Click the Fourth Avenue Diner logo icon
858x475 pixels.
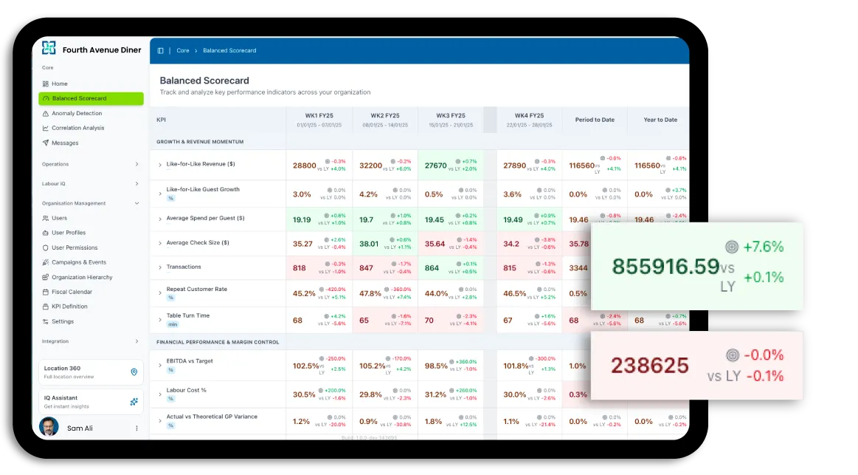[x=49, y=48]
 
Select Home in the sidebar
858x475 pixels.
[x=59, y=84]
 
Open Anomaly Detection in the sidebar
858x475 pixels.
[x=77, y=114]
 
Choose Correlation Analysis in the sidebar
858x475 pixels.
[x=77, y=129]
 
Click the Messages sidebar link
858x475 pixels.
[x=65, y=143]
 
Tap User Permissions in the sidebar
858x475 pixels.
[x=75, y=248]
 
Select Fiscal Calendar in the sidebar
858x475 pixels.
[x=72, y=293]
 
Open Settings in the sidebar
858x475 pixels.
[x=63, y=322]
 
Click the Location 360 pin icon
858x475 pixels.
[x=134, y=372]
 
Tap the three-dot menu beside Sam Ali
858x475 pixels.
[x=136, y=428]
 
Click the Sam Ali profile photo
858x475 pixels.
[x=49, y=427]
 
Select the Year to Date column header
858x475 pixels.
[x=660, y=120]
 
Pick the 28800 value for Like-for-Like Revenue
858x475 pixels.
[x=304, y=166]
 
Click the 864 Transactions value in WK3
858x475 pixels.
[x=432, y=269]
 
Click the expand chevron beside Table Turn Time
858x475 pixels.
[x=160, y=320]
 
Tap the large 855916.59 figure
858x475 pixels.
[x=665, y=266]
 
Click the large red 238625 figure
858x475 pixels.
[x=649, y=366]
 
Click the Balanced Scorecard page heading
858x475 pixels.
[x=204, y=81]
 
